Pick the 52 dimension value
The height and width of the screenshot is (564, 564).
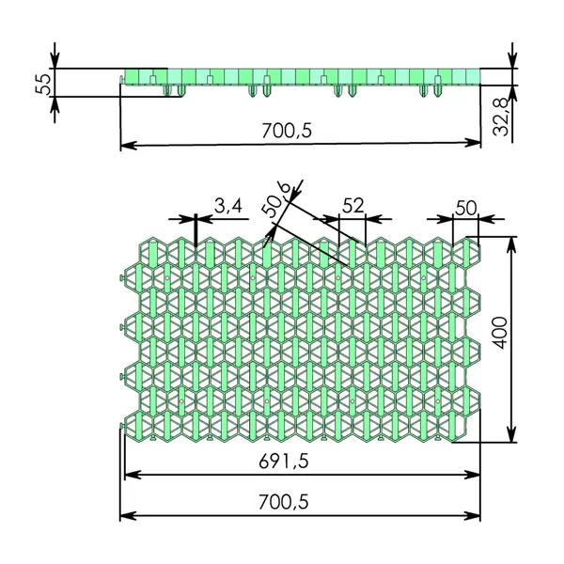click(x=353, y=205)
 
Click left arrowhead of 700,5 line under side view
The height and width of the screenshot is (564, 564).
click(x=128, y=145)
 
